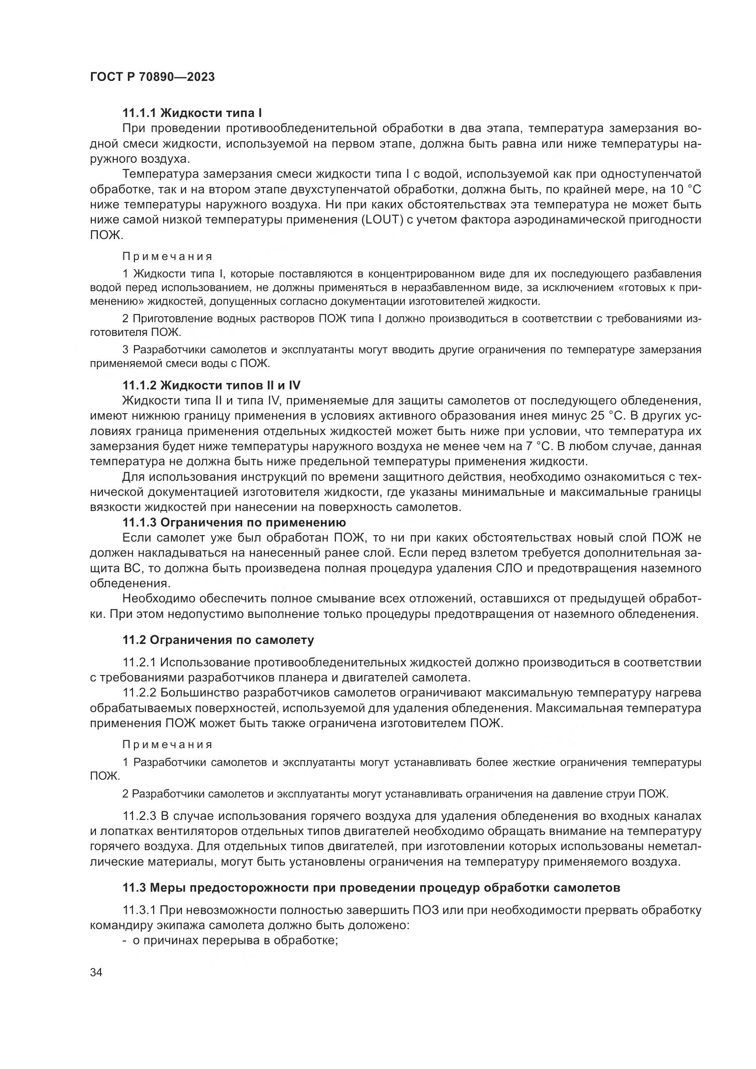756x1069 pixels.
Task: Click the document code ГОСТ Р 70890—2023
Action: (x=152, y=77)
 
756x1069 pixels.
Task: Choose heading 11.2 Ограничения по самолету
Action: (x=218, y=640)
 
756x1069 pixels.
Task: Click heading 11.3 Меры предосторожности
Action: (x=371, y=888)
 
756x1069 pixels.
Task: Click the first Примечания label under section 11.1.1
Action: (x=167, y=256)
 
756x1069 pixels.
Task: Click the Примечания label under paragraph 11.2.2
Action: (x=167, y=745)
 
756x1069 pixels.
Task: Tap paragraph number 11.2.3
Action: (x=140, y=816)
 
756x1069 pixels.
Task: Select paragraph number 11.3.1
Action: (x=140, y=910)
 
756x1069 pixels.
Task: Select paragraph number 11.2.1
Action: (x=140, y=662)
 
